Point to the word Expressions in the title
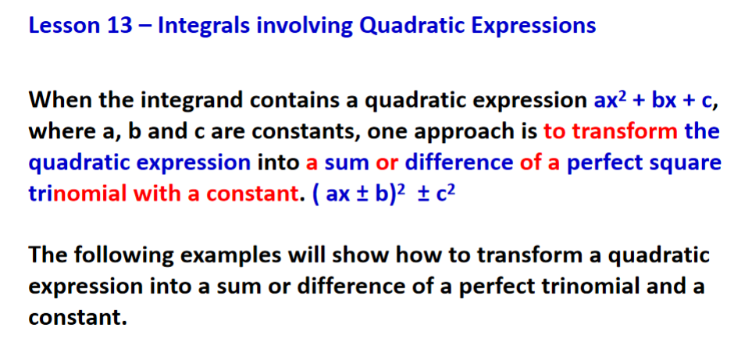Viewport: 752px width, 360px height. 532,26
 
